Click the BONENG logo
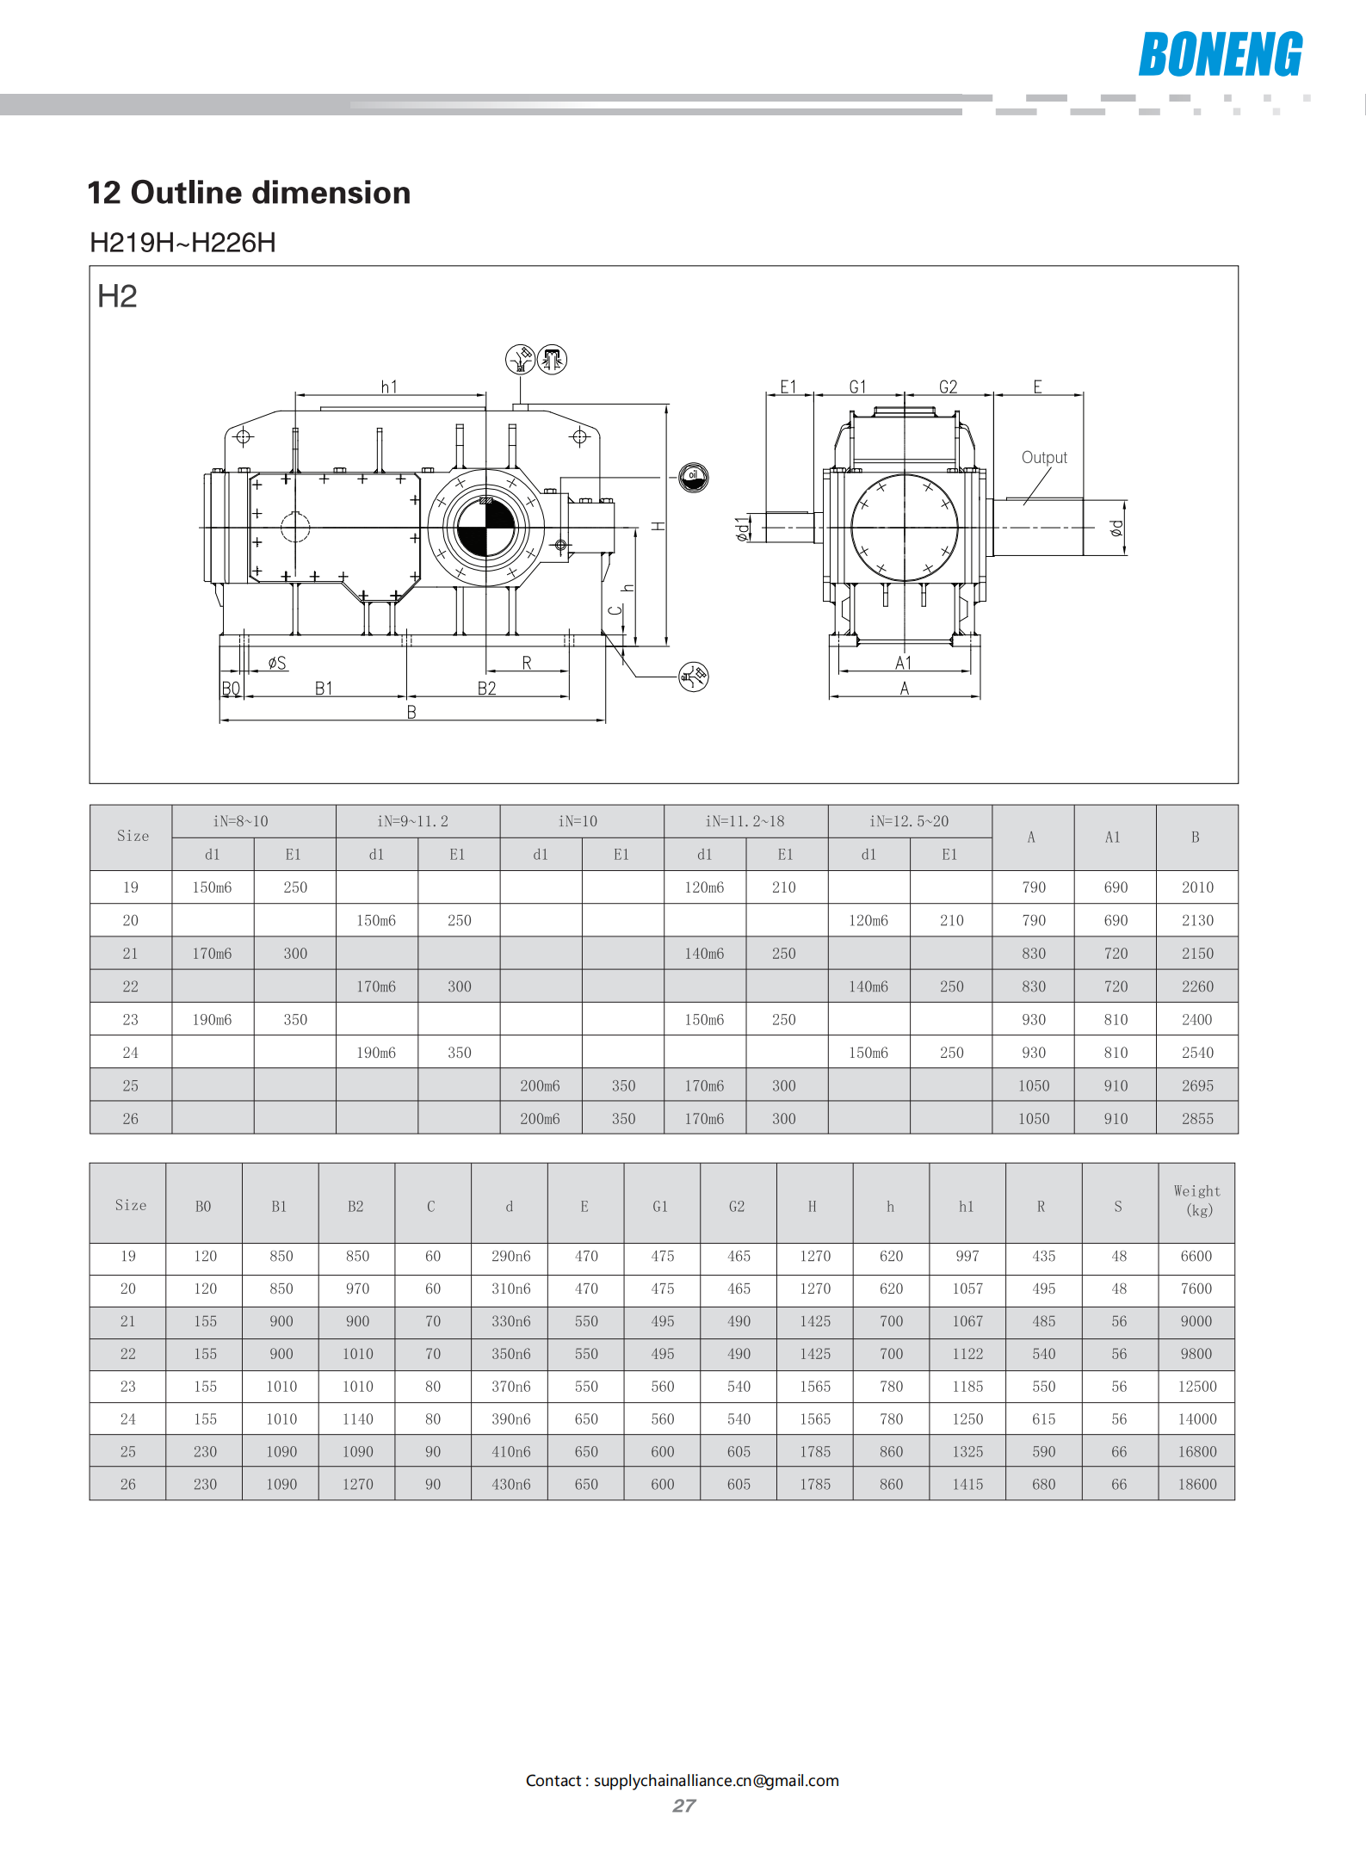coord(1221,54)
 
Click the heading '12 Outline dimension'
coord(249,193)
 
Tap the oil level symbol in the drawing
coord(693,476)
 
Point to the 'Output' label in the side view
coord(1044,458)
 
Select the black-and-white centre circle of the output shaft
coord(485,528)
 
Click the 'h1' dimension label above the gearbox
coord(389,387)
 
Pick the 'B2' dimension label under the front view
coord(487,689)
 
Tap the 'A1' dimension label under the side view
coord(903,663)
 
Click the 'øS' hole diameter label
coord(277,663)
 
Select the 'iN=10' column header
coord(578,821)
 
